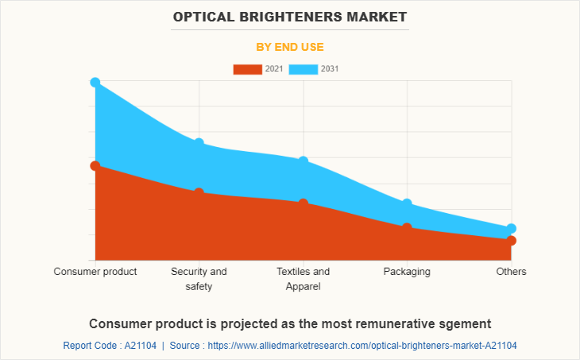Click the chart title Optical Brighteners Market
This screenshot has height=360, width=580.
point(289,16)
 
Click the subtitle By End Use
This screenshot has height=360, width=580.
point(289,47)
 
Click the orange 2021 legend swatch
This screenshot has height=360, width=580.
point(247,69)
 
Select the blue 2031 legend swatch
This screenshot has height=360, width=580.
point(304,69)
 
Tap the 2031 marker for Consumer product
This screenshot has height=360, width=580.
point(95,83)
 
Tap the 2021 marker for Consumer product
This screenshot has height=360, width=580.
point(95,166)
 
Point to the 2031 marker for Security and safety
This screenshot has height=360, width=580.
point(199,143)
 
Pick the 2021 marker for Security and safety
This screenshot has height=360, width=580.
point(199,193)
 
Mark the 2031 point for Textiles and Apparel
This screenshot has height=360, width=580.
point(303,161)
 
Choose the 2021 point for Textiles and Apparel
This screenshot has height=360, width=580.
point(303,204)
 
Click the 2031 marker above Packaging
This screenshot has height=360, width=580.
point(407,204)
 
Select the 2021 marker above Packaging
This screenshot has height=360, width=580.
point(407,228)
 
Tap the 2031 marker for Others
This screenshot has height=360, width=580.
point(511,229)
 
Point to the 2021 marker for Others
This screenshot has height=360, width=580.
point(511,241)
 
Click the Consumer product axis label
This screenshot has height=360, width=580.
point(95,272)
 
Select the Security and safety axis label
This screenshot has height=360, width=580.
point(199,279)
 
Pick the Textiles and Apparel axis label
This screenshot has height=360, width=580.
point(303,279)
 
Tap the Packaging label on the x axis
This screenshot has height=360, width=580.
point(407,272)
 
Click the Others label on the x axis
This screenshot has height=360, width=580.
point(511,272)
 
